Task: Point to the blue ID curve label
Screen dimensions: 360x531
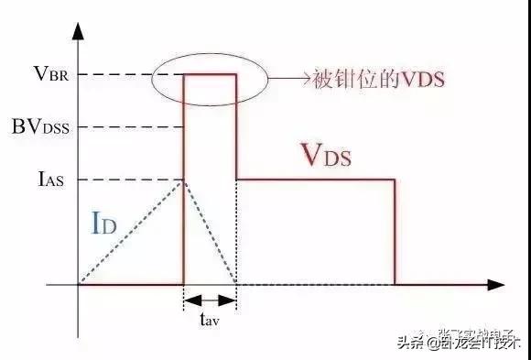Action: (103, 223)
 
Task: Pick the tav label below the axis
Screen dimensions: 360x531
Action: (209, 322)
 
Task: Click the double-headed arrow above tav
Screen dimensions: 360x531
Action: (210, 300)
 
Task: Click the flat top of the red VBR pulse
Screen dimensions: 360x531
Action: (210, 75)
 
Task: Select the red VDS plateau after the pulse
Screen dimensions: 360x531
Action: (316, 180)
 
